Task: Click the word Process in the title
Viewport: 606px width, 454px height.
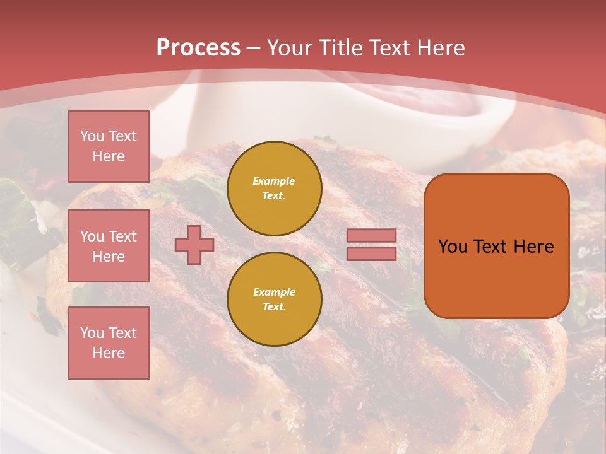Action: coord(198,48)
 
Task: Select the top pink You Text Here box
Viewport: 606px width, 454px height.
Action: coord(109,146)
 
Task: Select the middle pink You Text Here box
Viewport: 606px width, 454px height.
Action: coord(109,246)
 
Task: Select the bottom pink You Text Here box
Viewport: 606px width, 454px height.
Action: coord(109,343)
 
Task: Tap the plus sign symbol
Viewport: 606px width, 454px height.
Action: coord(194,245)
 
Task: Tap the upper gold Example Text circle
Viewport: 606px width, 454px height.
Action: coord(275,188)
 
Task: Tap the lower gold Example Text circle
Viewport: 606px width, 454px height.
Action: coord(275,299)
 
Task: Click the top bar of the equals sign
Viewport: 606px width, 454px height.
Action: coord(371,236)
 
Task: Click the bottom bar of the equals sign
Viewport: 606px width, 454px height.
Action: coord(371,253)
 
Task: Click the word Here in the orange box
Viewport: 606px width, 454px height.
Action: coord(533,247)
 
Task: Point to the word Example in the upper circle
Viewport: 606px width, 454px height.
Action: coord(274,181)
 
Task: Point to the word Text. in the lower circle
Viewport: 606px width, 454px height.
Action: coord(274,307)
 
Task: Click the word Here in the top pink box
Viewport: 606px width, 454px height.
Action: coord(109,156)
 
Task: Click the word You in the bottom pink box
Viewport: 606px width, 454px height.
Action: coord(92,333)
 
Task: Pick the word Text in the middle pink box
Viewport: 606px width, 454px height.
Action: coord(122,236)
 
